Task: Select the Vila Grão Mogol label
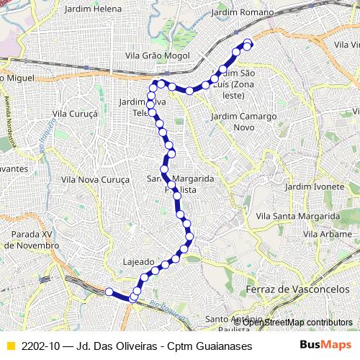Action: [156, 58]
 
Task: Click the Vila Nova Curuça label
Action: [94, 179]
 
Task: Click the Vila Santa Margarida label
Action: [298, 215]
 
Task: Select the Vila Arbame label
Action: [320, 234]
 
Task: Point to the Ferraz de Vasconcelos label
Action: [289, 289]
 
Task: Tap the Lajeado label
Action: [139, 261]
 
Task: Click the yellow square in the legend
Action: [9, 346]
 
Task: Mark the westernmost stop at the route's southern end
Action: [109, 292]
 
